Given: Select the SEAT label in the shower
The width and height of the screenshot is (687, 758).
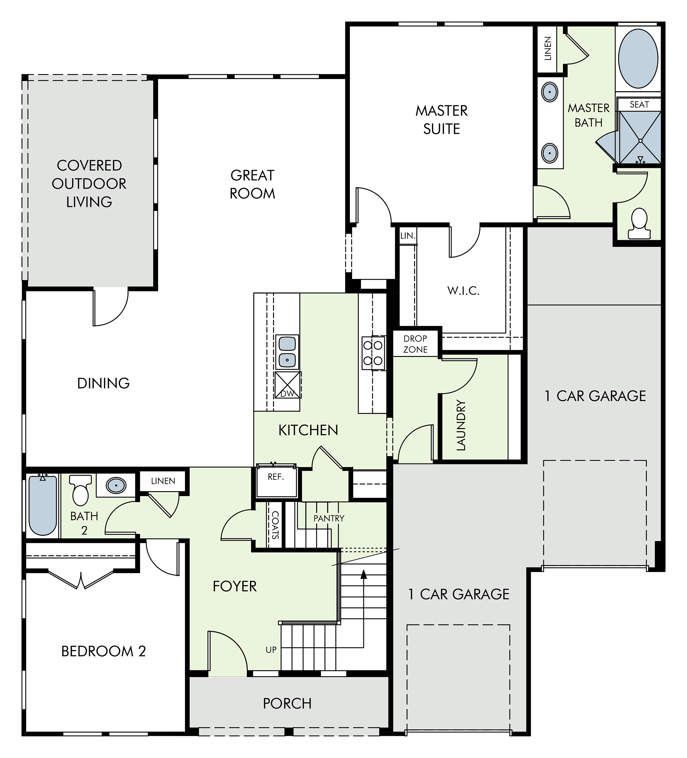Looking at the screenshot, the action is (639, 104).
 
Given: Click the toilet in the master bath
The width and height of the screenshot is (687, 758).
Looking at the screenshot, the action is (639, 224).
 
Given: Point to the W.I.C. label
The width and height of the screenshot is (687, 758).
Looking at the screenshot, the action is (463, 291).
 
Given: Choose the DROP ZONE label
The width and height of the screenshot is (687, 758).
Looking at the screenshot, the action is (415, 344).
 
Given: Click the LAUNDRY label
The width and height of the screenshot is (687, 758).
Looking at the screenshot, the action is (461, 425).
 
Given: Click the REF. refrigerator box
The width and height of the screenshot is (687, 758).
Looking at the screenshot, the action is (276, 482).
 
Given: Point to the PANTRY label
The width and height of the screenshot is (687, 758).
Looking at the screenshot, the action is (329, 518).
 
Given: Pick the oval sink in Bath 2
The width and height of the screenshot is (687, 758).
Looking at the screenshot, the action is (116, 486).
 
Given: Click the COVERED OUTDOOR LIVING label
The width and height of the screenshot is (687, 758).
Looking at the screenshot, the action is (89, 183).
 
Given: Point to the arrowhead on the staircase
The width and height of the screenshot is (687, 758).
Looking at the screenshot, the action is (363, 574).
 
